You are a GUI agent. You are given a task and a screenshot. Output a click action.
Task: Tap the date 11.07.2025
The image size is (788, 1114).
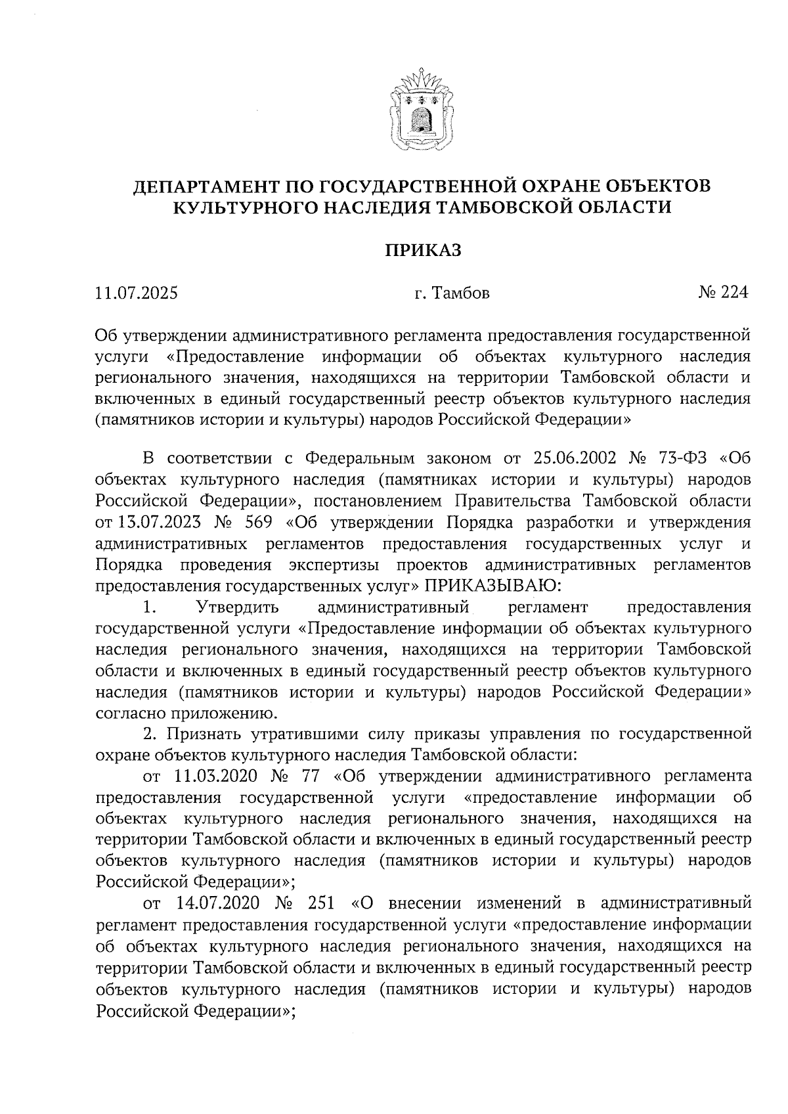[x=136, y=293]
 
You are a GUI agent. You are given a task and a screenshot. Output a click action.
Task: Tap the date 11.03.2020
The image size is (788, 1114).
[x=217, y=777]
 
